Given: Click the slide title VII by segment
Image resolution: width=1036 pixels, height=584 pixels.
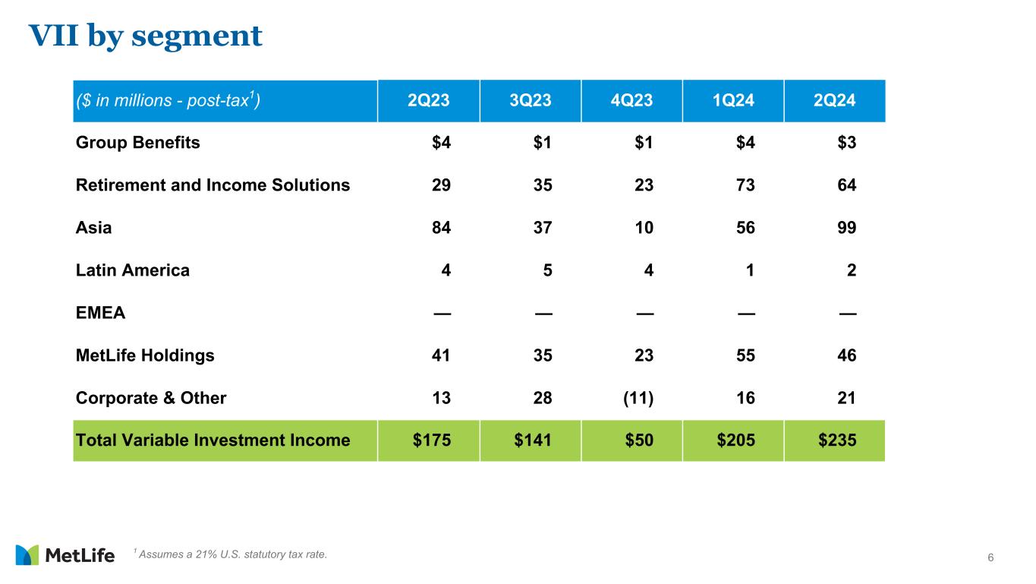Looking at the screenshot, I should pyautogui.click(x=145, y=35).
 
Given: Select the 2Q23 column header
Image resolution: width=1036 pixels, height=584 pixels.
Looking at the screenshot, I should pyautogui.click(x=429, y=101).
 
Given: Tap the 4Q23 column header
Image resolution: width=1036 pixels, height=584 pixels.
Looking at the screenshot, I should pyautogui.click(x=631, y=101).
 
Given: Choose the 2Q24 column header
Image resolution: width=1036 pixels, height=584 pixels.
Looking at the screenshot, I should pyautogui.click(x=834, y=101).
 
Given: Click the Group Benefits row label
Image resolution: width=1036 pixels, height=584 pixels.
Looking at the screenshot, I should pyautogui.click(x=138, y=143).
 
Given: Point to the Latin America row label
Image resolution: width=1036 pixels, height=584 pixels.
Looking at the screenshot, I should pyautogui.click(x=133, y=270).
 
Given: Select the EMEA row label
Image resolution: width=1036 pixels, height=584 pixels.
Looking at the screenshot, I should pyautogui.click(x=100, y=313).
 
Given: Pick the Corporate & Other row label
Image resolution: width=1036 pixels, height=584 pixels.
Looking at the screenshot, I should pyautogui.click(x=151, y=398).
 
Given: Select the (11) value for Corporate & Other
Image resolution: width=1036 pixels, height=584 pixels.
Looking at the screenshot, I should pyautogui.click(x=638, y=398).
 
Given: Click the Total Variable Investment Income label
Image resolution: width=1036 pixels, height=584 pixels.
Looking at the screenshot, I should pyautogui.click(x=213, y=440).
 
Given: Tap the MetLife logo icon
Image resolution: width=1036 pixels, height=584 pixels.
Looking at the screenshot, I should pyautogui.click(x=27, y=555).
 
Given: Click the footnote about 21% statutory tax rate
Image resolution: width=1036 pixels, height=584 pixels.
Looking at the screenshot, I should pyautogui.click(x=230, y=554).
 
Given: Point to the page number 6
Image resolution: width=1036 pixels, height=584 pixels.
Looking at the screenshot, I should pyautogui.click(x=990, y=559).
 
